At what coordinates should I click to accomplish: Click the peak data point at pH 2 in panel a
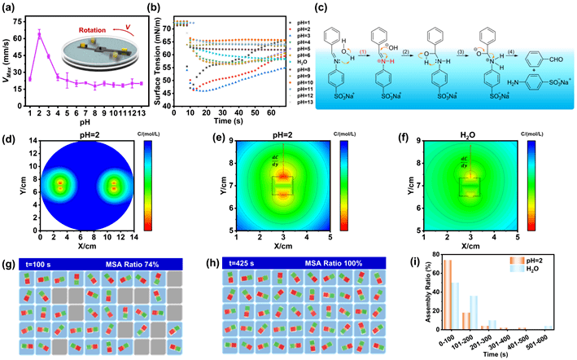[40, 33]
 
